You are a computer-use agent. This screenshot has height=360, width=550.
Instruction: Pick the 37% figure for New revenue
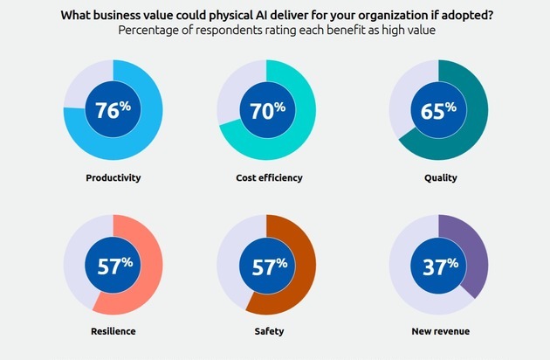[439, 266]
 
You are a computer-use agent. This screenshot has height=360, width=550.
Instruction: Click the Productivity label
[113, 177]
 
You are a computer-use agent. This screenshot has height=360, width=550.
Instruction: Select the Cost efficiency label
[269, 177]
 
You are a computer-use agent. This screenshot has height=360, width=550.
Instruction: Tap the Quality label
[439, 177]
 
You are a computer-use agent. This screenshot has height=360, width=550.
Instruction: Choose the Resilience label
[113, 331]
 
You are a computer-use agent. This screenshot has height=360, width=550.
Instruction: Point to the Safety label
[269, 331]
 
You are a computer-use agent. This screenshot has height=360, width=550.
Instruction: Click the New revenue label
[439, 331]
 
